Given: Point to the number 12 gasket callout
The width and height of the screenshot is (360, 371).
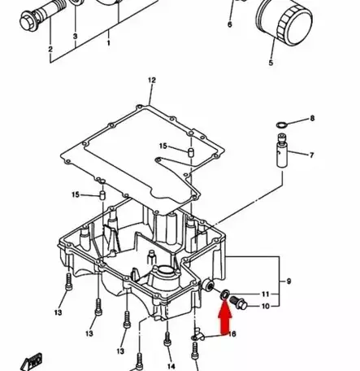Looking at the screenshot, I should tap(151, 80).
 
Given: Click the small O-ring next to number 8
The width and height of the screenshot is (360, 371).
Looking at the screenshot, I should tap(281, 123).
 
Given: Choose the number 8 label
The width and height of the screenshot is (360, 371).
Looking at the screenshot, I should tap(311, 120).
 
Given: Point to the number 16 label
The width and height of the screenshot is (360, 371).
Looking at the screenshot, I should tap(232, 334).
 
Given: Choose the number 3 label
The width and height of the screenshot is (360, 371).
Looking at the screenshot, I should tap(75, 37).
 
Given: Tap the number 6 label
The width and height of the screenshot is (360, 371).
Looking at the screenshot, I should tap(229, 24).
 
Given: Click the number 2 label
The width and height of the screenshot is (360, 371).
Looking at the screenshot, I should tap(50, 50).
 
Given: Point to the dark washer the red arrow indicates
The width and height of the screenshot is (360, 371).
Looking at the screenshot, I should tap(223, 295).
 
